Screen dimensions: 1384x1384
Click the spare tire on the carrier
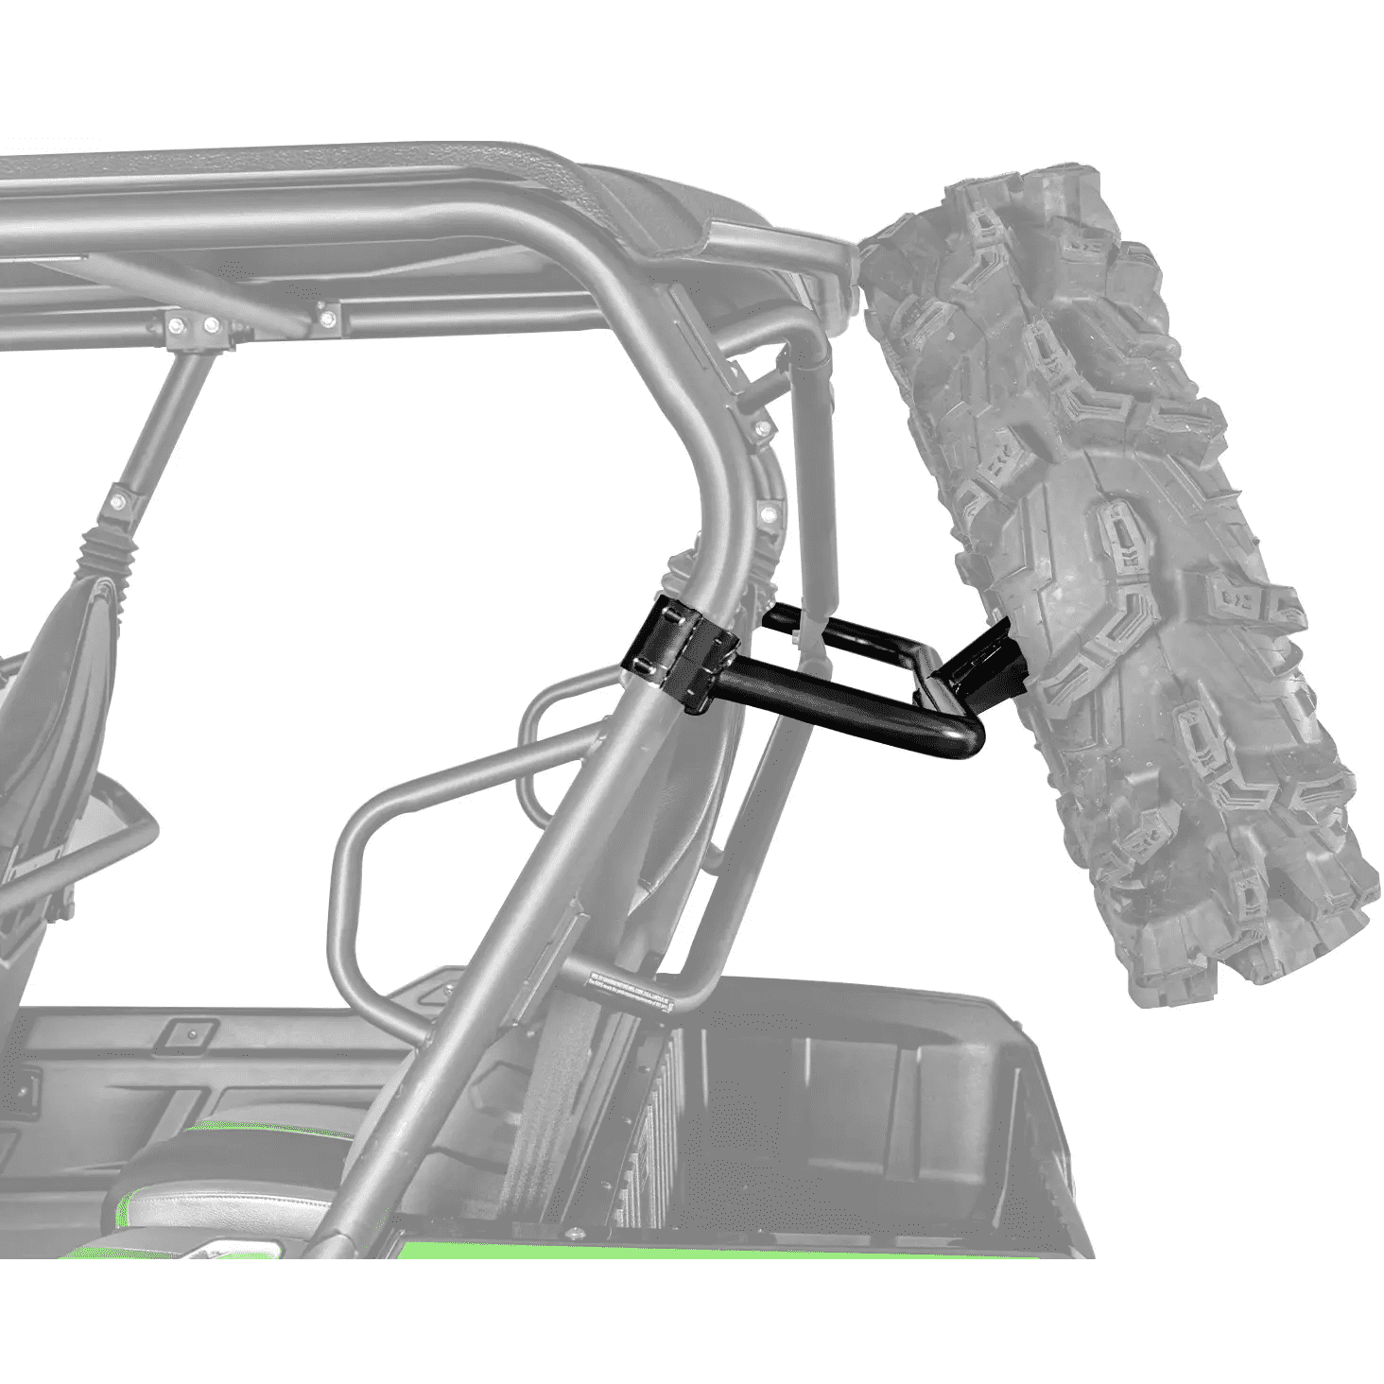(1116, 567)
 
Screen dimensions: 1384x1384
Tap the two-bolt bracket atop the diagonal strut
(194, 326)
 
